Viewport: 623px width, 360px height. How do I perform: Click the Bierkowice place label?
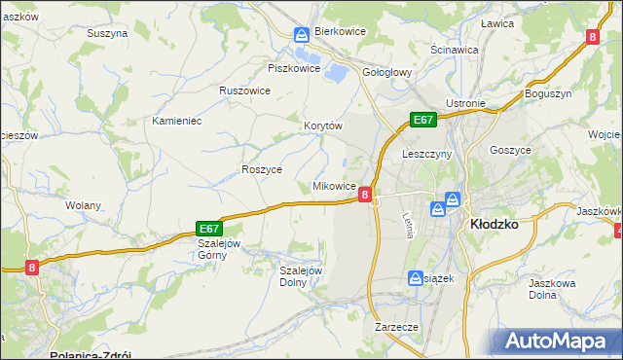coord(340,32)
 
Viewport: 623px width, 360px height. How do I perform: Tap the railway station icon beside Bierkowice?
coord(303,34)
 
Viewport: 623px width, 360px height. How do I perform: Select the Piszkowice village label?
coord(294,68)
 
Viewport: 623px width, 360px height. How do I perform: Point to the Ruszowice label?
coord(244,90)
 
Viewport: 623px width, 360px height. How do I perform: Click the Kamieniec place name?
coord(176,121)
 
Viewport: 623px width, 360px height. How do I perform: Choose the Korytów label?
coord(323,126)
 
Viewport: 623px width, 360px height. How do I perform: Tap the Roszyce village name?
coord(261,169)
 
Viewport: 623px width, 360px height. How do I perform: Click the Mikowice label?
coord(333,186)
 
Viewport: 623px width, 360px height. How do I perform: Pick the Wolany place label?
coord(83,206)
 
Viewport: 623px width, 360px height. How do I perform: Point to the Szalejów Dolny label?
coord(301,276)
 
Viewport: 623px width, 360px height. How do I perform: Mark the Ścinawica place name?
coord(455,49)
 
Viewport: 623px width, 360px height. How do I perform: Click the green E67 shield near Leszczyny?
coord(421,120)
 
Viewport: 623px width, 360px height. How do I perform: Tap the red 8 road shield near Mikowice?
coord(365,195)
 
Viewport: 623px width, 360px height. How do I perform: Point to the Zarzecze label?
coord(396,328)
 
